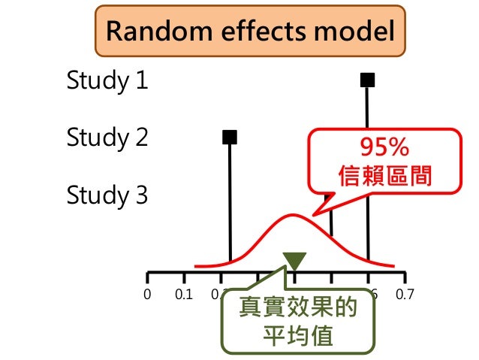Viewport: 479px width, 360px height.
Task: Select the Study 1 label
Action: (107, 80)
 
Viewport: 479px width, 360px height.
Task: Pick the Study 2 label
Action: (107, 138)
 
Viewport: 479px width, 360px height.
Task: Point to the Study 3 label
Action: (107, 195)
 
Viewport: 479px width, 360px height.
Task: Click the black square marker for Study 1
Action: (367, 80)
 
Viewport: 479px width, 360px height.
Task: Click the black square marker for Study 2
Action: (230, 137)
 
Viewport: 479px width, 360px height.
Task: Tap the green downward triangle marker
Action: (295, 260)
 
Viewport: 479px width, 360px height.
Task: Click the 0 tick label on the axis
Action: (147, 294)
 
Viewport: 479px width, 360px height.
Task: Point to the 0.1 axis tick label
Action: (182, 294)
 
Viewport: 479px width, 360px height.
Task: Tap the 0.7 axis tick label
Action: (405, 294)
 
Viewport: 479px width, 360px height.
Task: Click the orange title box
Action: (249, 32)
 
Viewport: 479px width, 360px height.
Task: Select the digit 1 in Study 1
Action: (141, 80)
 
